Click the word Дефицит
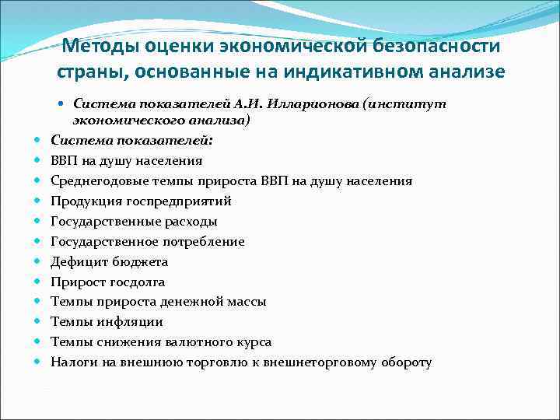tap(75, 261)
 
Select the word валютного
tap(200, 342)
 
